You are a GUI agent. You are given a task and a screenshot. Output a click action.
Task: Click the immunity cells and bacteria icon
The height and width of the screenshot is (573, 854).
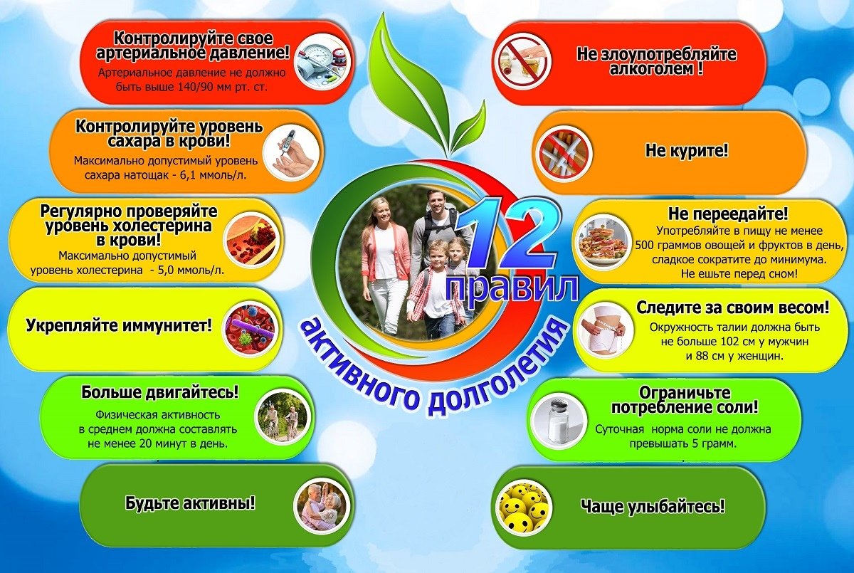(x=248, y=328)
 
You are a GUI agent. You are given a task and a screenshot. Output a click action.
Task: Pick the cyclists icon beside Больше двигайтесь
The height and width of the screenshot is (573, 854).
(x=281, y=417)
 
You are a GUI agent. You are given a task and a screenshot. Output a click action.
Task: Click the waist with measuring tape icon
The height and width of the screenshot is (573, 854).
(x=601, y=331)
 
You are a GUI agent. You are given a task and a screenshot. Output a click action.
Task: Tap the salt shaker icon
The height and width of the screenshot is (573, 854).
(x=558, y=421)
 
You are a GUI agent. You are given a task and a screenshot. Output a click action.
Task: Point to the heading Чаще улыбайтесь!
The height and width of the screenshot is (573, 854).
(x=653, y=507)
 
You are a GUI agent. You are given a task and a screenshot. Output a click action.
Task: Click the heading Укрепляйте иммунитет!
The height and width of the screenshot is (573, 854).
(x=119, y=327)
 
